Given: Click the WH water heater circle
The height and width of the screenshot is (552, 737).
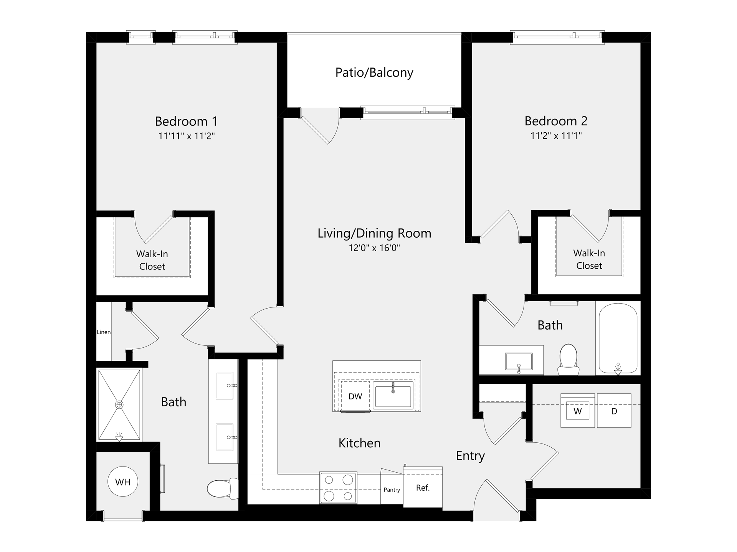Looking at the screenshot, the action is [123, 481].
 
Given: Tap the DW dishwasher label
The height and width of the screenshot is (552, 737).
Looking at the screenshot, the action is [355, 396].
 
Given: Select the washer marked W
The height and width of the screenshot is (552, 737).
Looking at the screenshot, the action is [577, 411].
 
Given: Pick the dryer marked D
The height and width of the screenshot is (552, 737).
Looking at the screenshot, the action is [614, 411].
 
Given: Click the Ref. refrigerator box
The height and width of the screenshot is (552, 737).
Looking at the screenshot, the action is [423, 487].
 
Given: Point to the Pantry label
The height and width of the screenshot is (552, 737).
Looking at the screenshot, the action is [392, 490].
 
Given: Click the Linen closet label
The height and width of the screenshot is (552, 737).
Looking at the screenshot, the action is [104, 332].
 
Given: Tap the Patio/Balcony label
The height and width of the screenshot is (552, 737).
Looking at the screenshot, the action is [374, 72].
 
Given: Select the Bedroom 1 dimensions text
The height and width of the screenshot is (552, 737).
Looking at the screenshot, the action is [187, 136].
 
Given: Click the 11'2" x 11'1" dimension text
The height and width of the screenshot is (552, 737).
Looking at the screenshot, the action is [556, 136].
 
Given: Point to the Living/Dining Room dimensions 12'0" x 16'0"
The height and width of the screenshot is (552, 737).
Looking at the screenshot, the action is [374, 248].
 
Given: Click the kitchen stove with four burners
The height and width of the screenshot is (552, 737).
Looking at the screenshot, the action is [338, 488].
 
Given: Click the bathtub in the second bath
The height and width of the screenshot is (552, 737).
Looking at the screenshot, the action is [618, 338].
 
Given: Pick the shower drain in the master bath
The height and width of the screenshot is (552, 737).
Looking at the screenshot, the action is [119, 405].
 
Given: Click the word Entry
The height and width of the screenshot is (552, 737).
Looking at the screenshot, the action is [470, 456].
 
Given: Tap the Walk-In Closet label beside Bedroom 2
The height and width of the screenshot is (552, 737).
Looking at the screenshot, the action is [589, 260].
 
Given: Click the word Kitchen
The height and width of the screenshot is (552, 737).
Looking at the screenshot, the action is [360, 443].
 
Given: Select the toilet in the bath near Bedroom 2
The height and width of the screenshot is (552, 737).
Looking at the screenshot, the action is [568, 360].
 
